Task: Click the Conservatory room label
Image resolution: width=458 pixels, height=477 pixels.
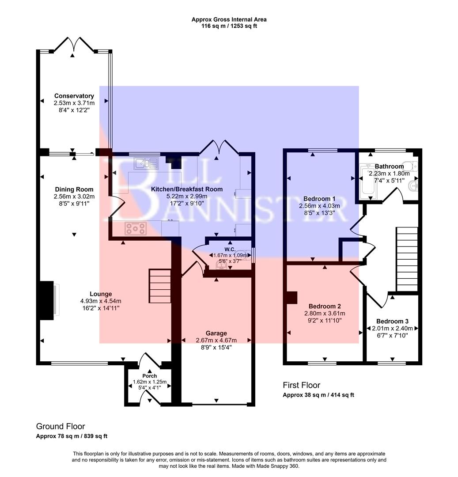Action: pos(74,96)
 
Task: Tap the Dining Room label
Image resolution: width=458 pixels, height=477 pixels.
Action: pos(74,189)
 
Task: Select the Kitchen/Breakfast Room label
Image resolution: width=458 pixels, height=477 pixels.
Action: pos(187,189)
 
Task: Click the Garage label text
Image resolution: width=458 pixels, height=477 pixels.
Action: pos(216,333)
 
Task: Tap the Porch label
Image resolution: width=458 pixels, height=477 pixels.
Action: pos(149,376)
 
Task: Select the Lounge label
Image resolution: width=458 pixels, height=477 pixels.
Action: pos(101,294)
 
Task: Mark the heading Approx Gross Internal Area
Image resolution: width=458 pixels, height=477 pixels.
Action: pos(229,19)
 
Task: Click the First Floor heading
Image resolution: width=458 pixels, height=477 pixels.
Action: pos(301,386)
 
